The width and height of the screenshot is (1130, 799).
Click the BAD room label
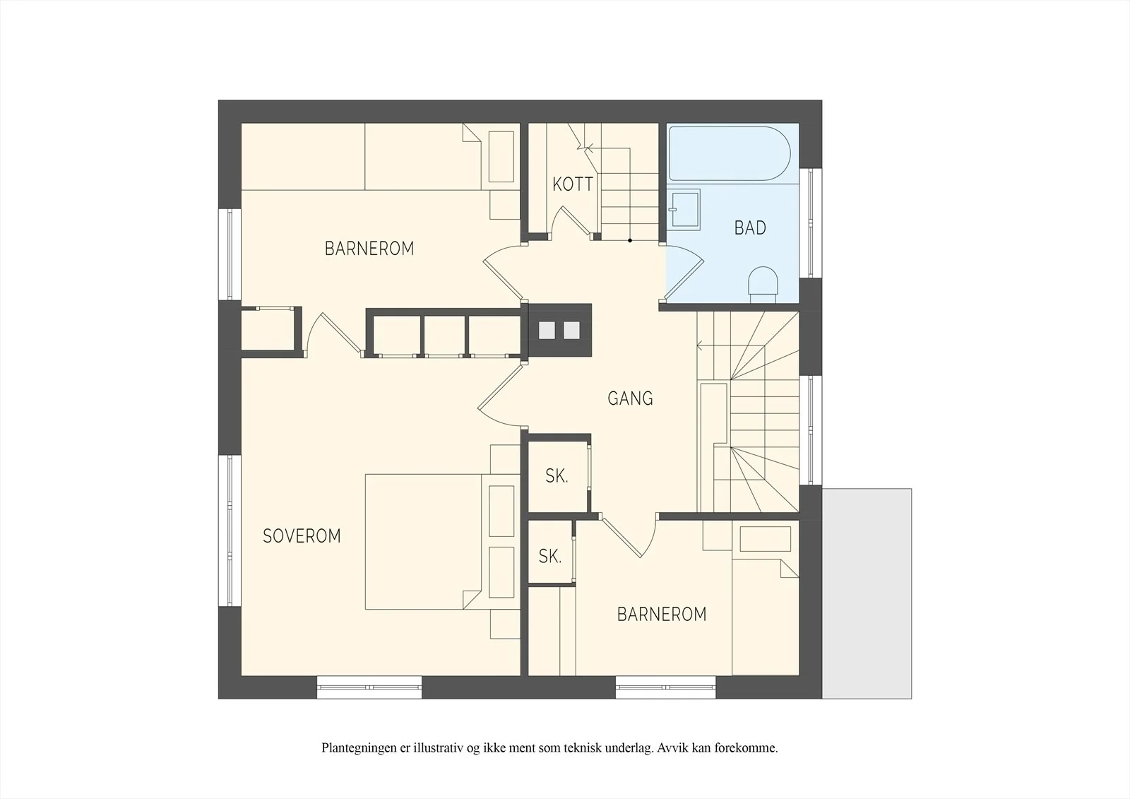click(750, 228)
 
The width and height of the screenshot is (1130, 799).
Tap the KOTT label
click(573, 184)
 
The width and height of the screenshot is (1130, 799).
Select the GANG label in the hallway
click(630, 398)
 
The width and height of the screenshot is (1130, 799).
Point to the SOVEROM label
click(302, 535)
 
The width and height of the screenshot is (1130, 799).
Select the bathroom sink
click(684, 210)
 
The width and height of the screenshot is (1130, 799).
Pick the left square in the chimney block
click(547, 330)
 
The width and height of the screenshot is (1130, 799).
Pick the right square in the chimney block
click(571, 330)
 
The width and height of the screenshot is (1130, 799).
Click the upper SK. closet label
click(557, 475)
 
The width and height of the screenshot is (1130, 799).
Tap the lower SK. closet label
click(550, 556)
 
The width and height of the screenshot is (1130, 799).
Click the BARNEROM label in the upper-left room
click(369, 249)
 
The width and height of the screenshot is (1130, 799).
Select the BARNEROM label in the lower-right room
click(662, 614)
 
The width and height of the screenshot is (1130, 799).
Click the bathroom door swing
click(684, 273)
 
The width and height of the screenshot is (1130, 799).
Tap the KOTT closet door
click(570, 222)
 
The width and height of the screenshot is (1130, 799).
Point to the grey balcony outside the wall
click(867, 593)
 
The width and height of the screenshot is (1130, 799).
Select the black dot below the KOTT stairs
click(630, 241)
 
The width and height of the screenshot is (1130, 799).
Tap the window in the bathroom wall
click(811, 223)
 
